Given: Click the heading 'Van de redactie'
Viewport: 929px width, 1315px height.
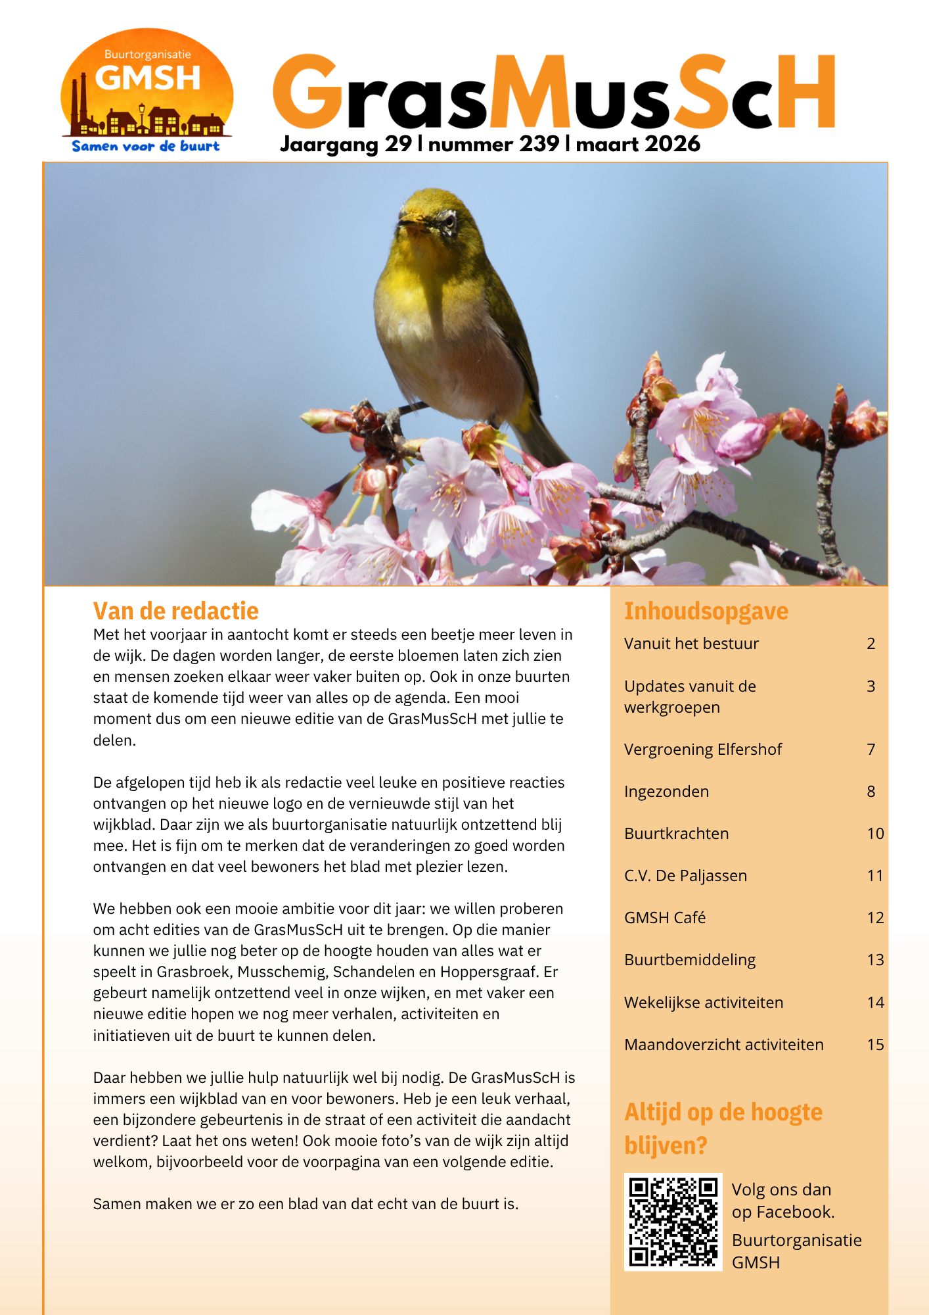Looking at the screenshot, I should coord(175,611).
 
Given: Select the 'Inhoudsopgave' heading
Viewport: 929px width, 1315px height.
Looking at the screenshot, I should coord(706,611).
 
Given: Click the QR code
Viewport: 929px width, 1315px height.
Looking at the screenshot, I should coord(673,1222).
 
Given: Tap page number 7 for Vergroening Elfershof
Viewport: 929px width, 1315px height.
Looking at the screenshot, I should coord(871,750).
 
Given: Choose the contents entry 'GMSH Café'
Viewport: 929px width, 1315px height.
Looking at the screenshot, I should coord(664,918).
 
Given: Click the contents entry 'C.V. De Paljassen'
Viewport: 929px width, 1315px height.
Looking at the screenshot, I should coord(685,876).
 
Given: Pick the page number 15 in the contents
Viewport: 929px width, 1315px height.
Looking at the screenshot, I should coord(875,1045).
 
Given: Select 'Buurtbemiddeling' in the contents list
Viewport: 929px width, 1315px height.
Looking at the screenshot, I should coord(690,960).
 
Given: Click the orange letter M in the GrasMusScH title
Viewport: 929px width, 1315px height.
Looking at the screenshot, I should coord(530,93).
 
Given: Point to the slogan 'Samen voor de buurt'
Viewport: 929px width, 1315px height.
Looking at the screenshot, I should coord(146,147).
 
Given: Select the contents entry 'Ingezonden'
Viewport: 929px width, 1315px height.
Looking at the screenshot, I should coord(666,792).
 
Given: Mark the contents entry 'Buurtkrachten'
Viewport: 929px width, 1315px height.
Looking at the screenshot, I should coord(676,834).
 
